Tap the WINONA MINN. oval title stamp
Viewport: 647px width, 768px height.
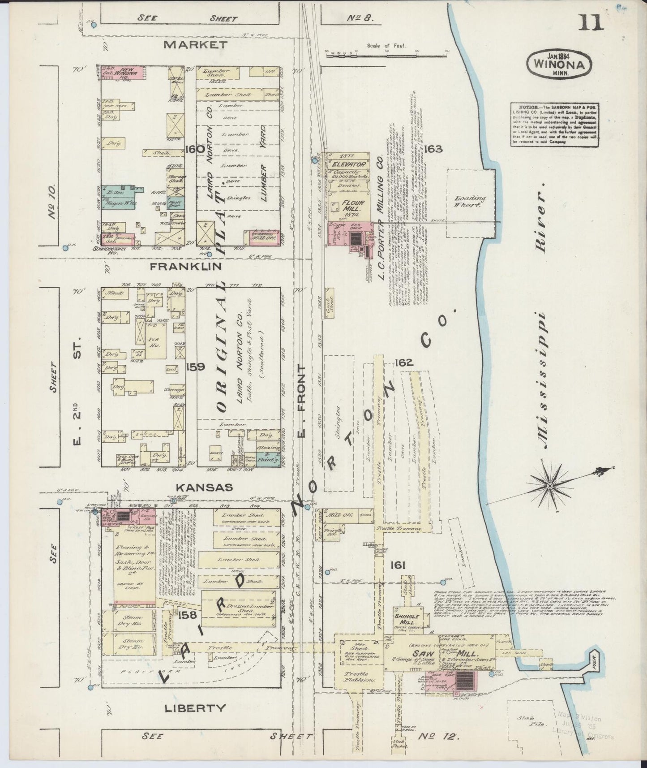559,65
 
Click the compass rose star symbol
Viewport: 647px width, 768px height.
550,486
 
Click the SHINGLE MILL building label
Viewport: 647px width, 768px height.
407,620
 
